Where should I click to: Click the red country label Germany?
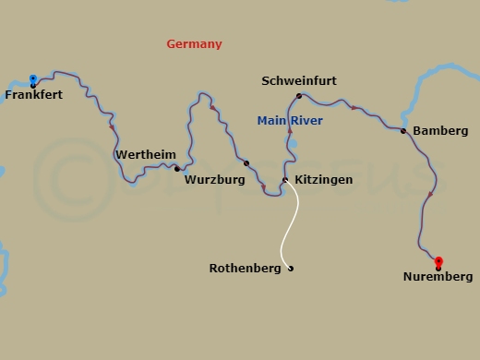tap(194, 44)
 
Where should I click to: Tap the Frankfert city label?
tap(34, 95)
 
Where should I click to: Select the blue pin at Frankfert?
tap(33, 79)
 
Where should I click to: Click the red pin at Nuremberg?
tap(438, 262)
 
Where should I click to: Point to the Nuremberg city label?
tap(438, 277)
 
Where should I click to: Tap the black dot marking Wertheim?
tap(176, 169)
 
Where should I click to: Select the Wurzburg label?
tap(214, 180)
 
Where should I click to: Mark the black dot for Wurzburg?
tap(246, 163)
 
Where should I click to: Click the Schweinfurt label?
tap(298, 81)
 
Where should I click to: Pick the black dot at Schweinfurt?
tap(298, 96)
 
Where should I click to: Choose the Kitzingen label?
tap(323, 180)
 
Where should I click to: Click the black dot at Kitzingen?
tap(285, 180)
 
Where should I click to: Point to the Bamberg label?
tap(440, 131)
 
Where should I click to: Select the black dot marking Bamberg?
tap(402, 131)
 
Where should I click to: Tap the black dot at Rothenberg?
tap(291, 269)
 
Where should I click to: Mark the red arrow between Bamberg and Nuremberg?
tap(430, 194)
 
